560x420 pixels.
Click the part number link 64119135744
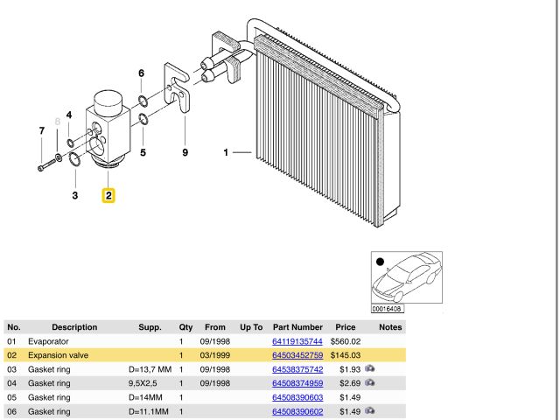(x=297, y=341)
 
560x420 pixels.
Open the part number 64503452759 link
(x=297, y=355)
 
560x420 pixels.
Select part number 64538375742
(x=297, y=369)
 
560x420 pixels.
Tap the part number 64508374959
(x=297, y=383)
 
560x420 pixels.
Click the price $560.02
(x=346, y=341)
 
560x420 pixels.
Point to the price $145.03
(x=346, y=355)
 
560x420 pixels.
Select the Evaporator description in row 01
(x=50, y=341)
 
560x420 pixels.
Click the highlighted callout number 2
(x=108, y=195)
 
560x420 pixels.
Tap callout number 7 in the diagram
(x=41, y=131)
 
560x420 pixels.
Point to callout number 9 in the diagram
(x=185, y=153)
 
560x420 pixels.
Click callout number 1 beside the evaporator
(x=226, y=154)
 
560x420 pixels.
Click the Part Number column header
(x=297, y=327)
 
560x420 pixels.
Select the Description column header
(x=74, y=327)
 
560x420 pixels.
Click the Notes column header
(x=390, y=327)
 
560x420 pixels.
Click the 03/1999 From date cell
(x=214, y=355)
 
